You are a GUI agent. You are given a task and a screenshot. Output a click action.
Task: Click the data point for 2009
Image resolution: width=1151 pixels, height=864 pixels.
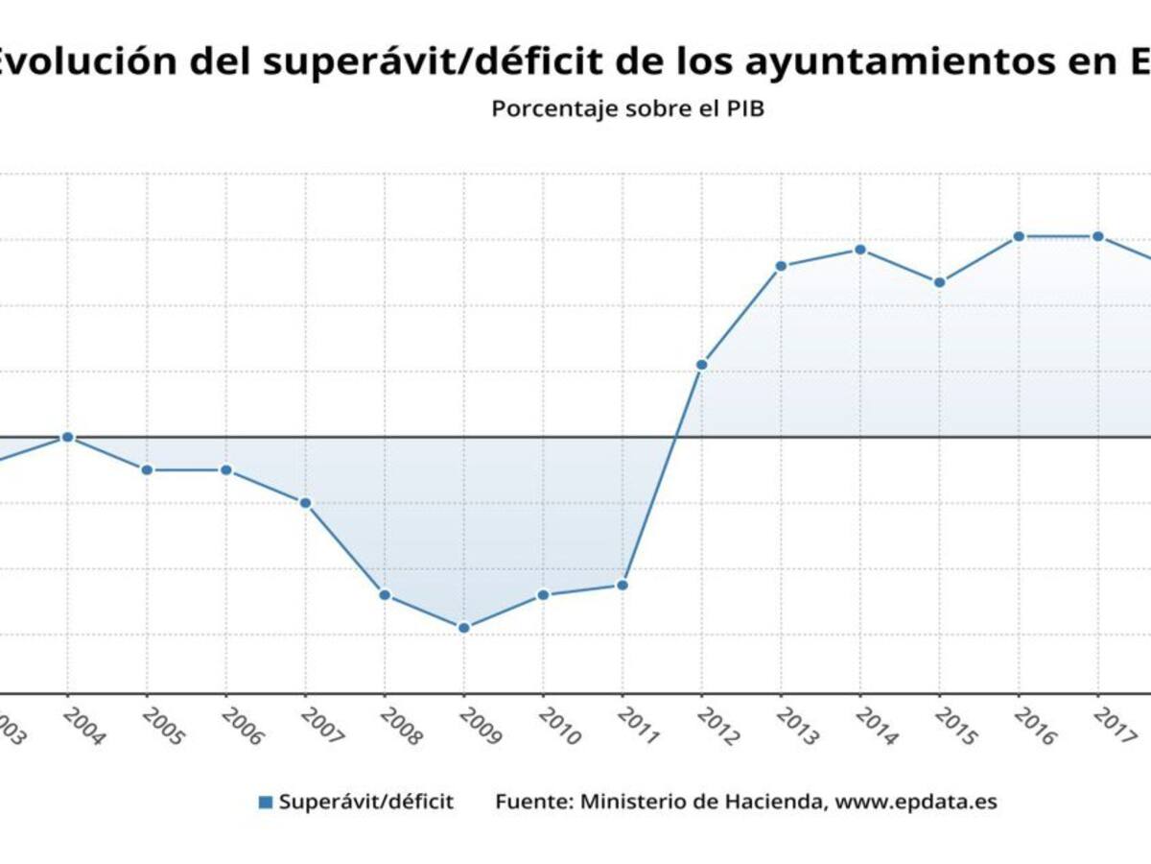463,628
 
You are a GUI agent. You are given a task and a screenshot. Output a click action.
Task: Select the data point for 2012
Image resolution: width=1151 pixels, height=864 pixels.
701,365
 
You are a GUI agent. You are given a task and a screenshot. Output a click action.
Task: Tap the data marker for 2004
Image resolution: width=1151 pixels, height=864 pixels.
67,437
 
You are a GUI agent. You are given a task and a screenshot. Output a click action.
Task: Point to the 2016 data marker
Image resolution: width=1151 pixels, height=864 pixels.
1019,236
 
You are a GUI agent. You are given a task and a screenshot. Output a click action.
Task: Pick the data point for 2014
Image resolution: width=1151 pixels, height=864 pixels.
860,250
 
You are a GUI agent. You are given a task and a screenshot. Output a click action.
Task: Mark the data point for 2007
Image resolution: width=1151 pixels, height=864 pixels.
305,503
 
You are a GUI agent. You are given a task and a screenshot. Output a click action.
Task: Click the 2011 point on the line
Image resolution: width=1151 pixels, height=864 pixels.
622,585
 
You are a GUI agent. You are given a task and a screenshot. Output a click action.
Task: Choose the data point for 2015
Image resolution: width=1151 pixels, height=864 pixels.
940,282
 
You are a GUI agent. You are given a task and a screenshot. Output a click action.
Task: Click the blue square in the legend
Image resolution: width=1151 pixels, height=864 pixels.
266,802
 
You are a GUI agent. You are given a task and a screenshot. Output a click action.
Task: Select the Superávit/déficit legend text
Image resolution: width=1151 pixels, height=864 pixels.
365,802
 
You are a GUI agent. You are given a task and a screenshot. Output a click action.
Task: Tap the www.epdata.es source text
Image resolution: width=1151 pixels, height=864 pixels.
915,802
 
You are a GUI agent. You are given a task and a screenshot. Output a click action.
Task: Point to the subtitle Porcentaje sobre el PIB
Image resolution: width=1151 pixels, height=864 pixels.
627,108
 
